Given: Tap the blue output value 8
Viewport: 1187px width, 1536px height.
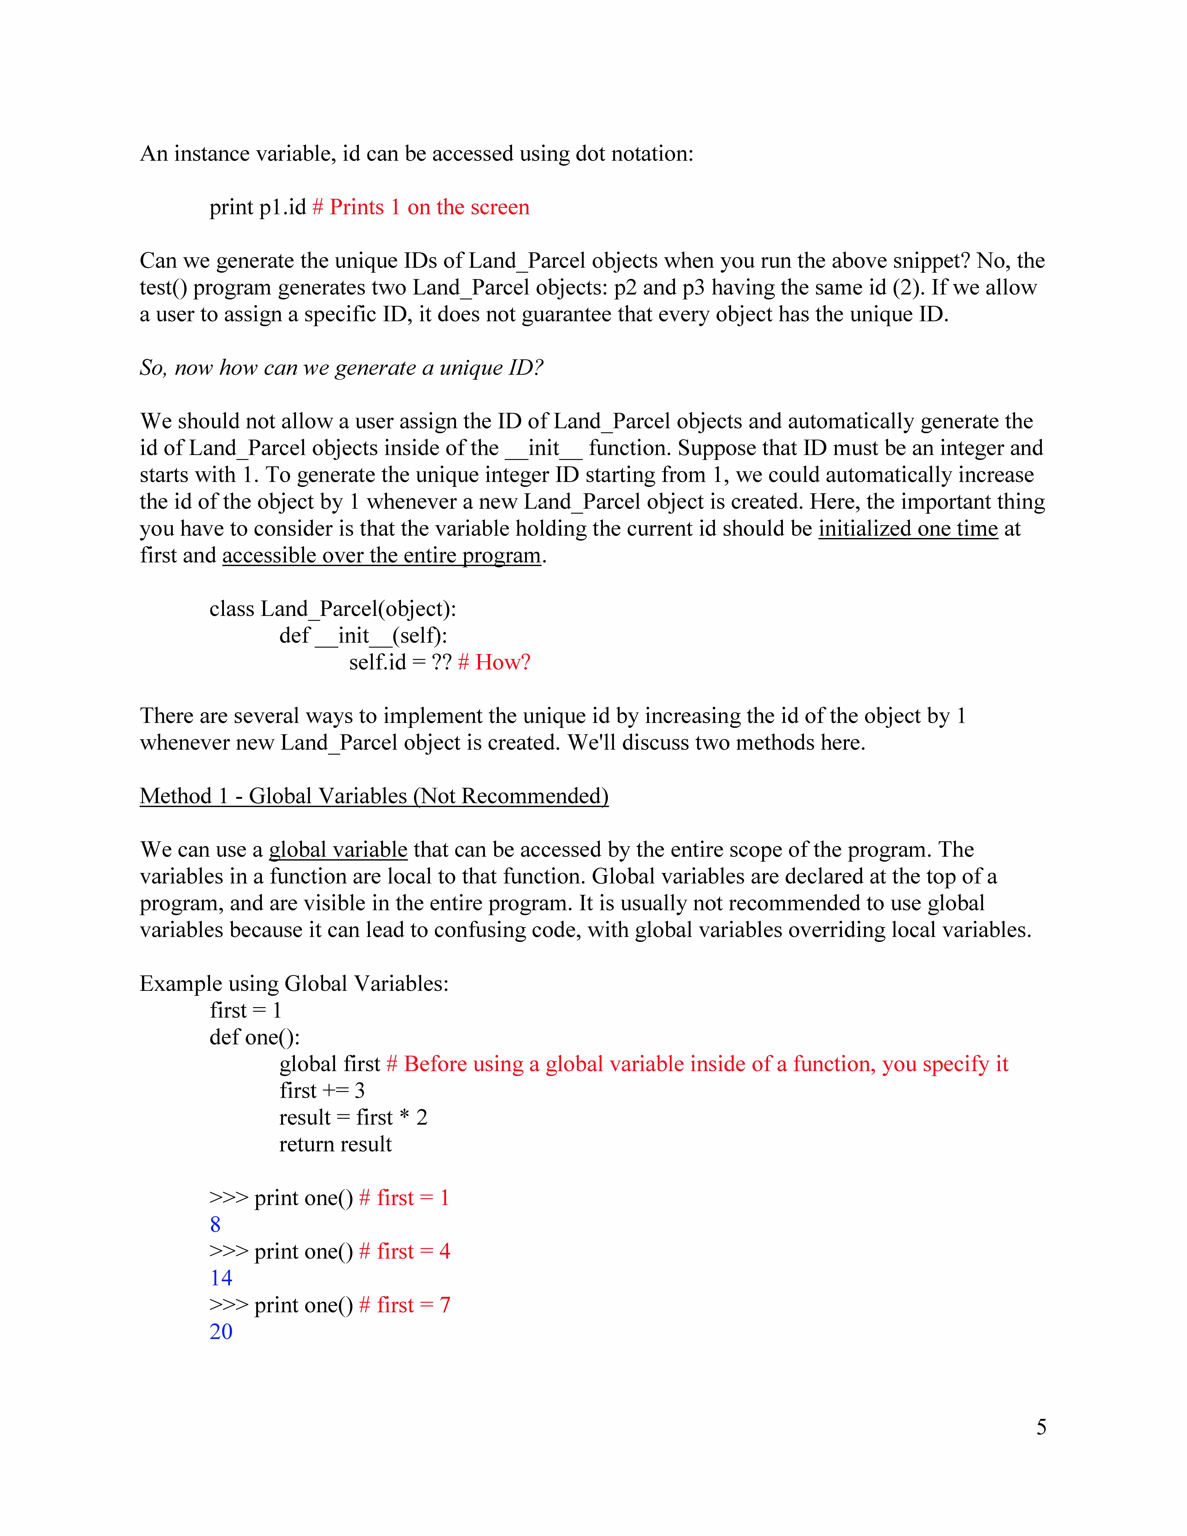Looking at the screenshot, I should coord(215,1224).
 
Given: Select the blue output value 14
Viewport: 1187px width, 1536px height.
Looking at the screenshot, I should coord(221,1278).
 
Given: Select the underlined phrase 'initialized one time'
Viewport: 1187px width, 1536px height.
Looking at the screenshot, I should coord(908,528).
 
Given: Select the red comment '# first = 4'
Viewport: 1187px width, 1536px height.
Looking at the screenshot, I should coord(404,1251).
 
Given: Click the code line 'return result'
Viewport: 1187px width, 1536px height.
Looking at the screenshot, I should coord(335,1144).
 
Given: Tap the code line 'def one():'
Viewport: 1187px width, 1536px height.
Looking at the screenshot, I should coord(255,1037).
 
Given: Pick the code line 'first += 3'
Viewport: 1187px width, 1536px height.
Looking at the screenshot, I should coord(322,1091).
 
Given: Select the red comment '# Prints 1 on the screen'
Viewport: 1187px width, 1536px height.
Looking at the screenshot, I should coord(421,207).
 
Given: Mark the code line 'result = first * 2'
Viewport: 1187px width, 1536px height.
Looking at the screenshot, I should coord(353,1117).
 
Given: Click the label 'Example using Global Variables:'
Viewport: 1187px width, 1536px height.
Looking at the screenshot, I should coord(294,983).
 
